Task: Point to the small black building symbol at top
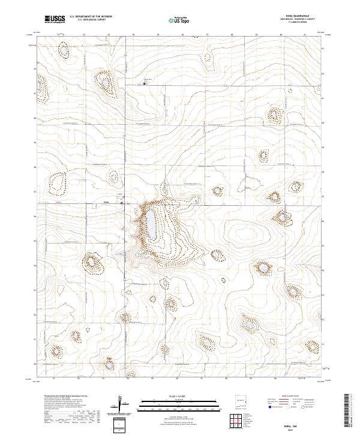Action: pos(144,83)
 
